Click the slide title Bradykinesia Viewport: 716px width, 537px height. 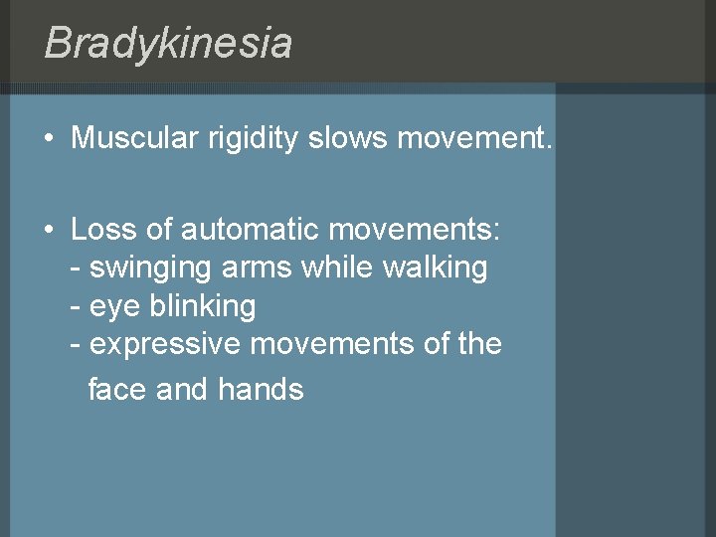(168, 44)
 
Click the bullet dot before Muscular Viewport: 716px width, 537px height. (49, 139)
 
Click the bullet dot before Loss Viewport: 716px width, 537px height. (49, 231)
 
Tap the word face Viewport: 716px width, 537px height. (118, 389)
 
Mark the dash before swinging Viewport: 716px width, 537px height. (77, 268)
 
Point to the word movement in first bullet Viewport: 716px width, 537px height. (472, 138)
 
